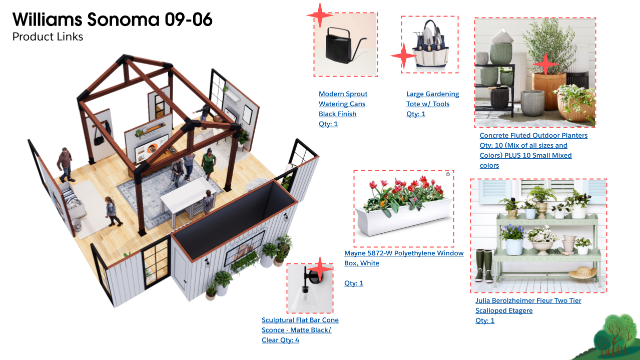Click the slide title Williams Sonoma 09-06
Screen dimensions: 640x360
[112, 20]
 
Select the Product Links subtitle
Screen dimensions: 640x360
[48, 37]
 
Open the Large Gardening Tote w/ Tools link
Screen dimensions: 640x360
[432, 99]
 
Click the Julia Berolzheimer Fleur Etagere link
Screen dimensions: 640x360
[528, 305]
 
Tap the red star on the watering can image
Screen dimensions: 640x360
[320, 15]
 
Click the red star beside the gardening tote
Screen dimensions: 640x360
[403, 56]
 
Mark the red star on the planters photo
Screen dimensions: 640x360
[545, 64]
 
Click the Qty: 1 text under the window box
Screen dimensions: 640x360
[354, 283]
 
